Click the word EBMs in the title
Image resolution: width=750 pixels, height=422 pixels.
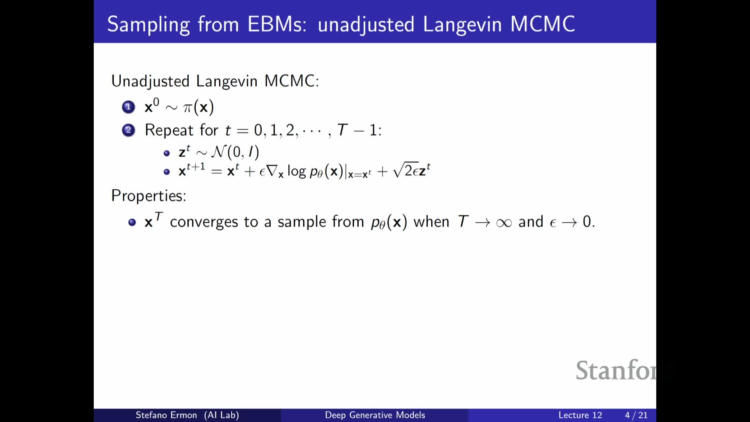click(x=277, y=24)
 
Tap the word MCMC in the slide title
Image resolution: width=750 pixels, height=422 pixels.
click(x=543, y=24)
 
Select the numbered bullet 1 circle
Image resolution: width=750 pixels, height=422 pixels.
click(x=128, y=107)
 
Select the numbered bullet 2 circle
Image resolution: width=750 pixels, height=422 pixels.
click(x=128, y=130)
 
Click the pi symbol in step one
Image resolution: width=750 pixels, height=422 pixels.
click(x=188, y=107)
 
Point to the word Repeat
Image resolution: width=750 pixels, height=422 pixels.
click(x=169, y=130)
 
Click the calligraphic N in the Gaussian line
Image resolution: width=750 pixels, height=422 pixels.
click(x=219, y=152)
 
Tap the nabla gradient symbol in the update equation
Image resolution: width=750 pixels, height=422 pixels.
click(x=273, y=171)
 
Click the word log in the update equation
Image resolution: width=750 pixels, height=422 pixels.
click(x=296, y=171)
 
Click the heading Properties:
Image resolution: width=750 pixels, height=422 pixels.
click(x=149, y=196)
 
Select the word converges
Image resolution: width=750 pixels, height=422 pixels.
click(x=204, y=222)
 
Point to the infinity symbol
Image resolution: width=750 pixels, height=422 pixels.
click(x=504, y=223)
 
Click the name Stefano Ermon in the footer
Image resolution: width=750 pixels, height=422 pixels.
click(x=166, y=415)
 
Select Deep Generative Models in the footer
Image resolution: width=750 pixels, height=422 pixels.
click(x=375, y=415)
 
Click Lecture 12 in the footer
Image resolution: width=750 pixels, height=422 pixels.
click(x=580, y=415)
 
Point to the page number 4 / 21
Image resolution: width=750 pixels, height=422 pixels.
click(x=636, y=415)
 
